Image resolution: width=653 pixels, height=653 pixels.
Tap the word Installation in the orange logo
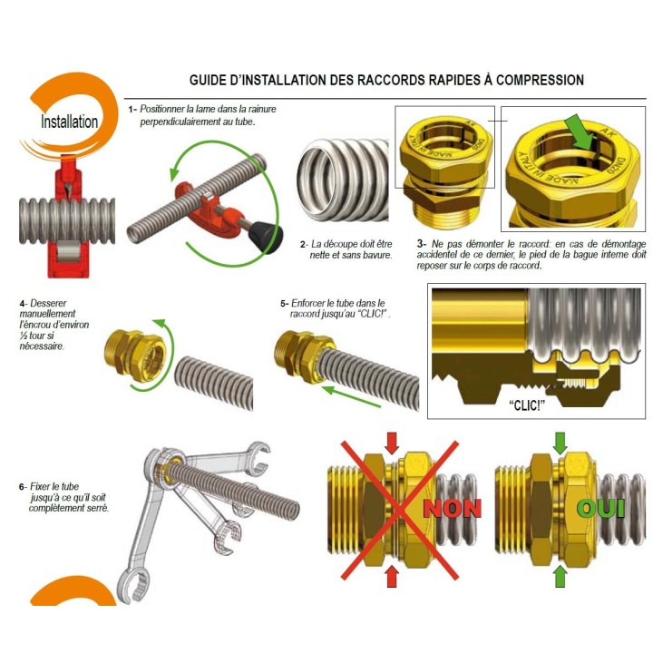click(69, 122)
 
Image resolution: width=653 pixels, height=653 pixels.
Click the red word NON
click(452, 508)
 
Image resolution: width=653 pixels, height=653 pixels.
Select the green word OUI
click(601, 508)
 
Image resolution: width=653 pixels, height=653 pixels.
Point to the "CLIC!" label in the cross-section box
click(527, 404)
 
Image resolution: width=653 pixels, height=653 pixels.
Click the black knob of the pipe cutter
click(265, 237)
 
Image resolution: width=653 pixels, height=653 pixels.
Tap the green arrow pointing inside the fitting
click(579, 132)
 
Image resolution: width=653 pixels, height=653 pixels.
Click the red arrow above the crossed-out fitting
click(392, 443)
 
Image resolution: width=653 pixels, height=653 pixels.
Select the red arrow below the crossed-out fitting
click(393, 577)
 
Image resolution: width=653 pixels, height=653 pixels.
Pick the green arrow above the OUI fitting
click(560, 443)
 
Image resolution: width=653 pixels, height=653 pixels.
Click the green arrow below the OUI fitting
click(560, 577)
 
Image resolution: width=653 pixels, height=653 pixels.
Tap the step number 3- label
click(422, 244)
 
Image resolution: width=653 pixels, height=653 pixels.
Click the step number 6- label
click(24, 486)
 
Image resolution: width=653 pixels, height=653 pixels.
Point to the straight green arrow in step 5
click(352, 396)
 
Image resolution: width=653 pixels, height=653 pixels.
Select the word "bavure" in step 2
click(377, 255)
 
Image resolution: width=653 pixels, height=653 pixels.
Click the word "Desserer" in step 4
click(48, 303)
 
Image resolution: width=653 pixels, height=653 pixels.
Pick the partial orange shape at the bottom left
click(73, 591)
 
